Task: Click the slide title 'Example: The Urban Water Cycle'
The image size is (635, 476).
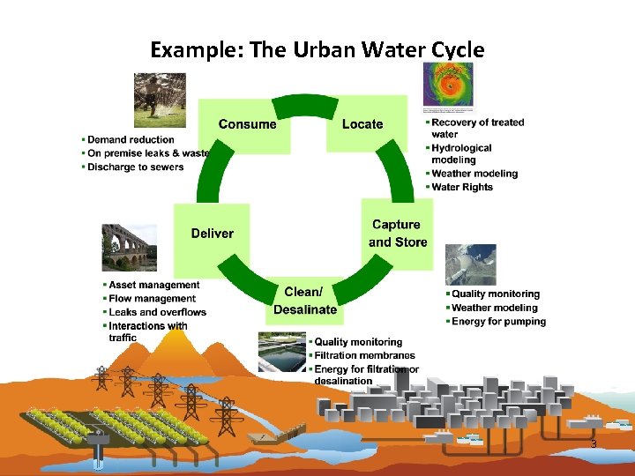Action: (x=317, y=49)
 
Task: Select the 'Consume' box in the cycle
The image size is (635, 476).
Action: (x=247, y=124)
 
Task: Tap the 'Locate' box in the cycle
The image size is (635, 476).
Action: (x=362, y=124)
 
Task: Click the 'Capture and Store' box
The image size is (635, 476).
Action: (x=398, y=234)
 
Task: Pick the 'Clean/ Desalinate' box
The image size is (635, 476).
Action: (x=304, y=301)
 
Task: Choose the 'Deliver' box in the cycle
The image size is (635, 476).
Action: (x=212, y=234)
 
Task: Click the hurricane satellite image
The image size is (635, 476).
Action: (x=448, y=86)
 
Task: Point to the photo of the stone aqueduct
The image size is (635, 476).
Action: (x=129, y=247)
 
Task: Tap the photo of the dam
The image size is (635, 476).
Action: (x=471, y=264)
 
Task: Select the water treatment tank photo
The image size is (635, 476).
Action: (x=281, y=353)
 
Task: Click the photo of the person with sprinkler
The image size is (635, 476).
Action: (x=160, y=100)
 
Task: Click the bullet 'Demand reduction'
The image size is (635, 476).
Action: (x=131, y=139)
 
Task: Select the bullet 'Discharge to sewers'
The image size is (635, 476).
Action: (x=136, y=167)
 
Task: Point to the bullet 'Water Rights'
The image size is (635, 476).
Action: (x=462, y=187)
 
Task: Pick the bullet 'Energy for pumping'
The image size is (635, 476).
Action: (x=498, y=322)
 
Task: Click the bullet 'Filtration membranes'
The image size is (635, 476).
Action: (x=364, y=355)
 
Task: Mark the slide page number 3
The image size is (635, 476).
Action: (x=594, y=444)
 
